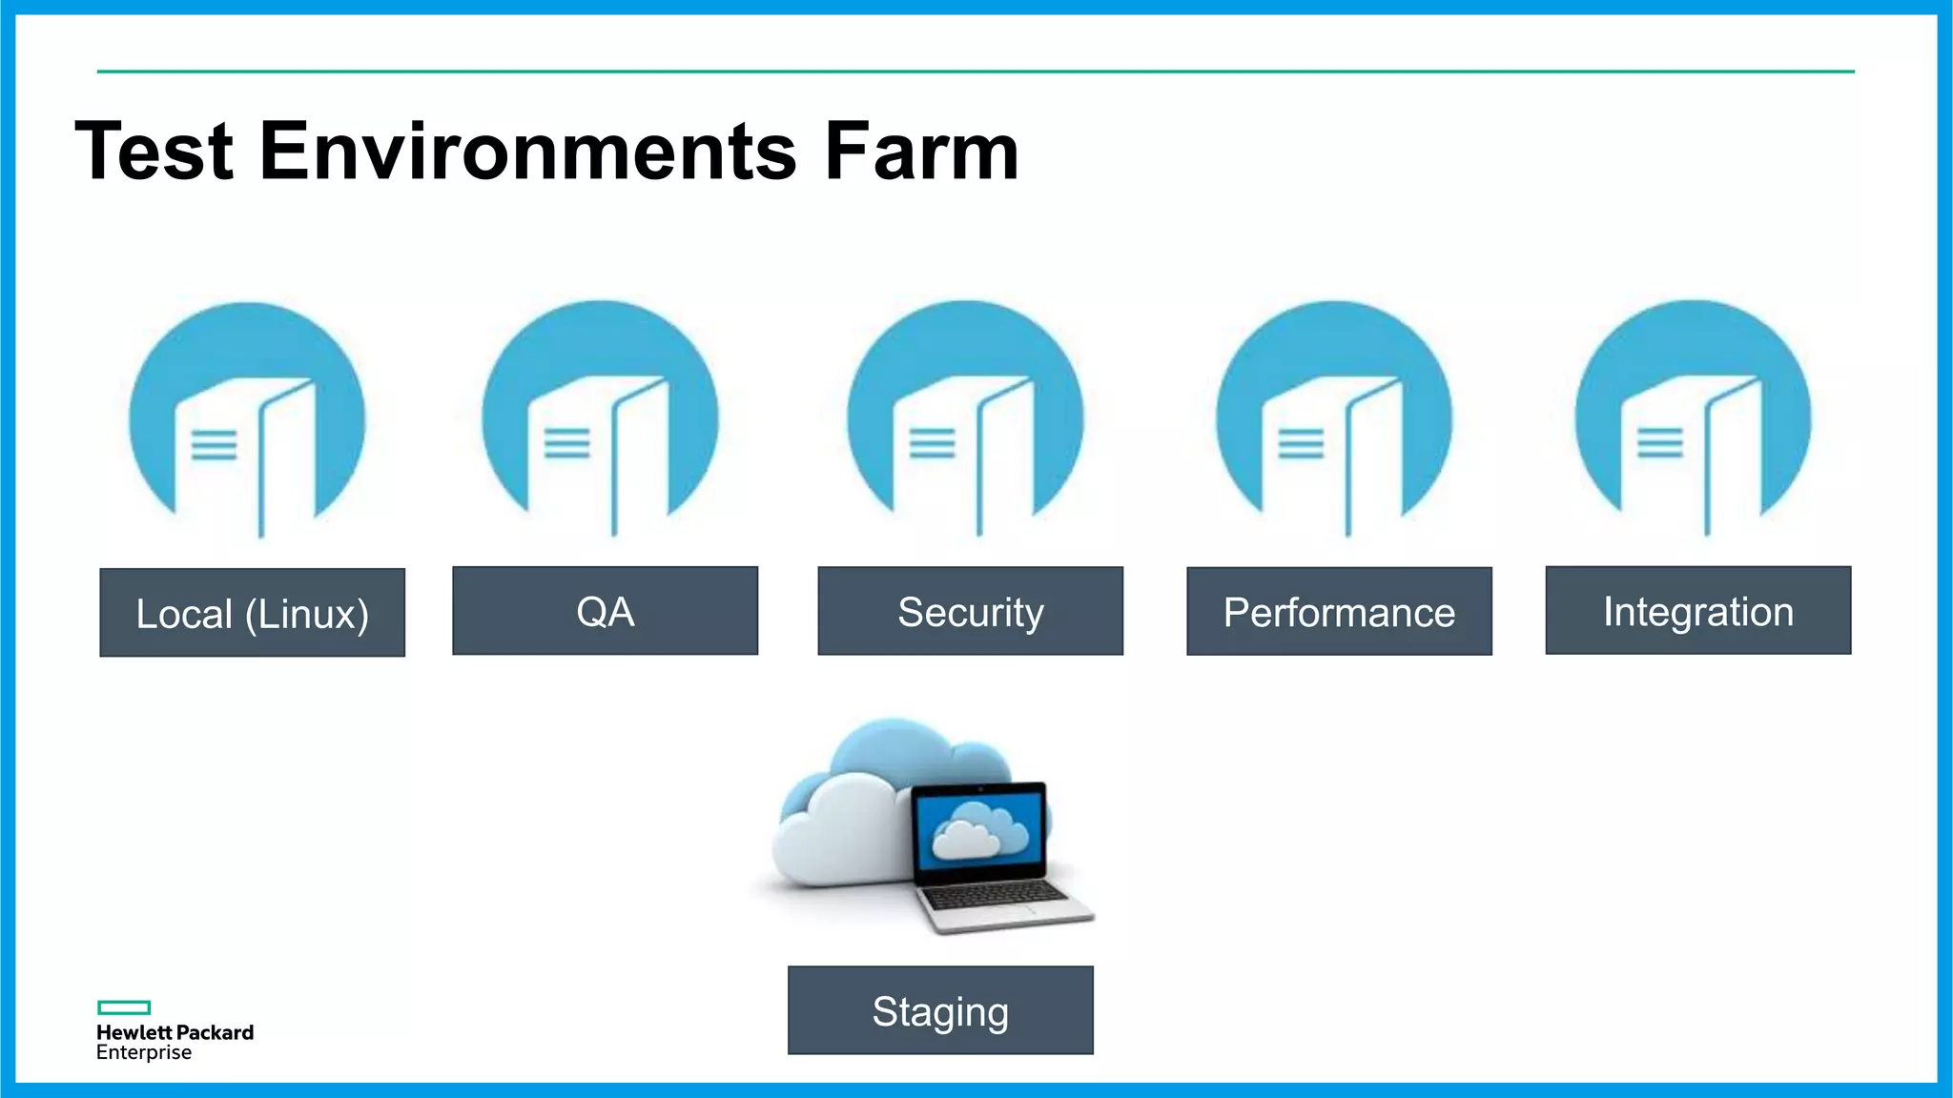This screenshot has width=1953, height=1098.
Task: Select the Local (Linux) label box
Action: coord(253,613)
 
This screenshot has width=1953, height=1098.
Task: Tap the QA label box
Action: coord(605,611)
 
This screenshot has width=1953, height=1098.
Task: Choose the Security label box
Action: coord(970,611)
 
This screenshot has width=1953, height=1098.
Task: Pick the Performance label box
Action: coord(1339,611)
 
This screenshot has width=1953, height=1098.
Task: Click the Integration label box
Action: coord(1697,610)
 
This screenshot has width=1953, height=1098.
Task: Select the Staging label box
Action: coord(940,1010)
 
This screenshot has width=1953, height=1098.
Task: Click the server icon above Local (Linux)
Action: coord(247,419)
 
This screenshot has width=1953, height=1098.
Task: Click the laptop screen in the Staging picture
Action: coord(979,829)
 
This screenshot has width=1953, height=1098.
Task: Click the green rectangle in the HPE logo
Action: coord(124,1007)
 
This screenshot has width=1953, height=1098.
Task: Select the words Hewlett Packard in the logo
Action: coord(175,1032)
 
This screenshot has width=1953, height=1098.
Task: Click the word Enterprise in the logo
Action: coord(144,1053)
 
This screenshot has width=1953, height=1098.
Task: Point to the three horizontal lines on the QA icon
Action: coord(566,443)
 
